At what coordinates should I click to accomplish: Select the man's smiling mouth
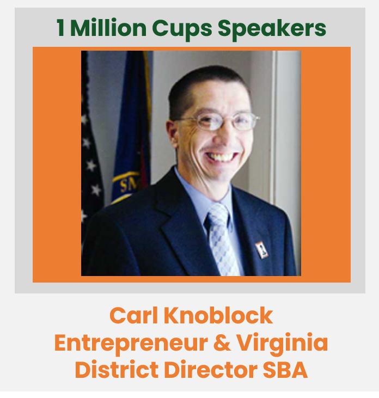[222, 156]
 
